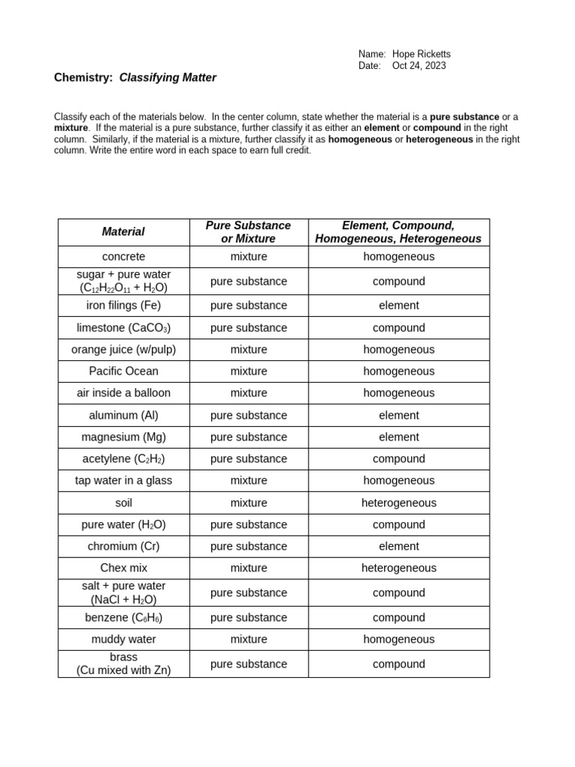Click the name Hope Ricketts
coord(421,54)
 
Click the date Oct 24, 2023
coord(419,66)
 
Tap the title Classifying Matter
coord(168,77)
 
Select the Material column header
coord(124,232)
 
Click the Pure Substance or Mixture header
coord(249,232)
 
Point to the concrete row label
coord(124,257)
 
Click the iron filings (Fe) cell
coord(124,306)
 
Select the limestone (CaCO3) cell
coord(124,328)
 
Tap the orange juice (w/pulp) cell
coord(124,350)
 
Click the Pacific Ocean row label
coord(124,372)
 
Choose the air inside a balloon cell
coord(124,393)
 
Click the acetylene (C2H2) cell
coord(124,459)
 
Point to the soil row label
coord(124,503)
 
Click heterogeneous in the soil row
coord(398,503)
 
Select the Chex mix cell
coord(124,569)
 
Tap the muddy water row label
coord(124,640)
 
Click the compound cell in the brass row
coord(398,664)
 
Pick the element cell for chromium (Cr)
coord(398,547)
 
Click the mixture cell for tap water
coord(249,481)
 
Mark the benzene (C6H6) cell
coord(124,618)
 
